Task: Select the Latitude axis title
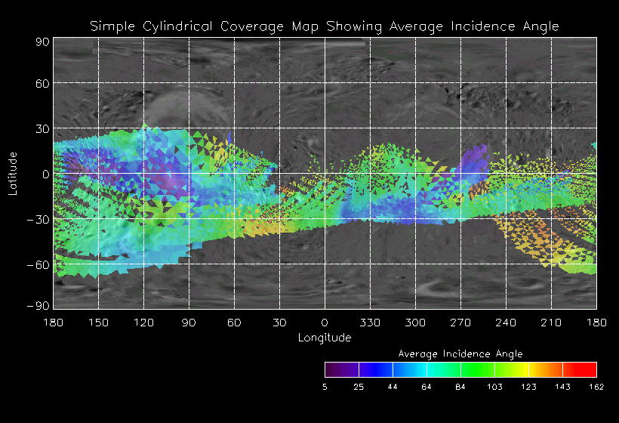coord(13,173)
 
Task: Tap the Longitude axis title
coord(325,338)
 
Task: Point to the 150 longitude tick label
coord(98,323)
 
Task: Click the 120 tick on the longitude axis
coord(143,323)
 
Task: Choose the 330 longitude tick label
coord(370,323)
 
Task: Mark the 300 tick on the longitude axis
coord(415,323)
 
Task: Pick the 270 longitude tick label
coord(460,323)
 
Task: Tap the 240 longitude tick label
coord(506,323)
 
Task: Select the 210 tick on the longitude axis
coord(551,323)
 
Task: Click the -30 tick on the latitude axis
coord(39,220)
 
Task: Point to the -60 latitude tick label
coord(39,264)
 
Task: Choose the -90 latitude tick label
coord(39,305)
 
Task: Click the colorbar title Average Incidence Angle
coord(460,354)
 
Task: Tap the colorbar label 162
coord(596,387)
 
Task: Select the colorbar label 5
coord(325,387)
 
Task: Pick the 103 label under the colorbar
coord(494,387)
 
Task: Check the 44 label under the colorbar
coord(393,387)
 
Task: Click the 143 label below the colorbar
coord(562,387)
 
